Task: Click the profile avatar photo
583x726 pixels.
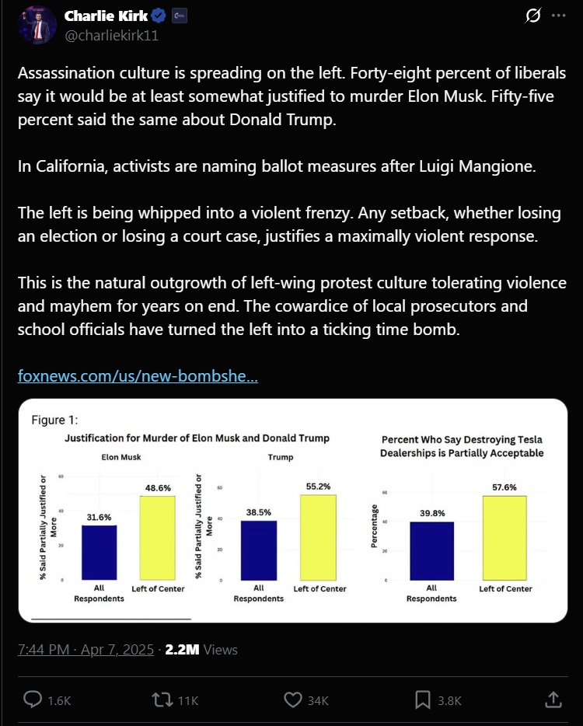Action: pos(37,26)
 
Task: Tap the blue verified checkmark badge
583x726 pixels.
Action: pos(159,16)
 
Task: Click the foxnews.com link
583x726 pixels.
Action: pos(138,376)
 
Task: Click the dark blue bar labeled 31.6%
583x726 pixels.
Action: pos(99,553)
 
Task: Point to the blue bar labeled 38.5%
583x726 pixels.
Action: pos(259,550)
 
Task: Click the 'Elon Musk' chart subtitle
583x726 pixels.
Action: pos(121,457)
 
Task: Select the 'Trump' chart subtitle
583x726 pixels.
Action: pos(281,457)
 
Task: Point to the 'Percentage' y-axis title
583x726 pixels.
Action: pos(375,525)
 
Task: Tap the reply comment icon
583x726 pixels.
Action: pos(33,700)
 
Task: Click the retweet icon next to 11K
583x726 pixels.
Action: pos(162,700)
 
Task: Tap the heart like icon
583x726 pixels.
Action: pos(292,700)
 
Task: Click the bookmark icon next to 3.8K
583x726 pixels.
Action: pos(423,700)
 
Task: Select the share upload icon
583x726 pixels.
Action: pos(553,700)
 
